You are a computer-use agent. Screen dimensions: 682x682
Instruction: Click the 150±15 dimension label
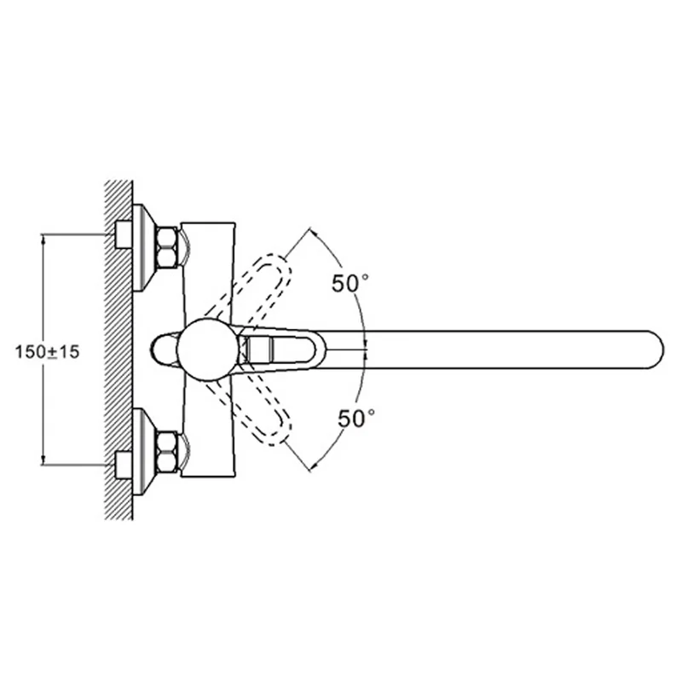(x=48, y=351)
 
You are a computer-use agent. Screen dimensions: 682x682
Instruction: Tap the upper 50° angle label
(x=350, y=284)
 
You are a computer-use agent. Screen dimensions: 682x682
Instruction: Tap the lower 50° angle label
(x=356, y=419)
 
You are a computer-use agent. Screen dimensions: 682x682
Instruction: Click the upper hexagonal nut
(x=167, y=247)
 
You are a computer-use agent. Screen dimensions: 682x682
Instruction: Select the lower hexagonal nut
(x=167, y=452)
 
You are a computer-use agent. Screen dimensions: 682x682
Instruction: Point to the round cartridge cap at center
(x=207, y=350)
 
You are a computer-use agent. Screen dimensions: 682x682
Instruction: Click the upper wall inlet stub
(x=124, y=235)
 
